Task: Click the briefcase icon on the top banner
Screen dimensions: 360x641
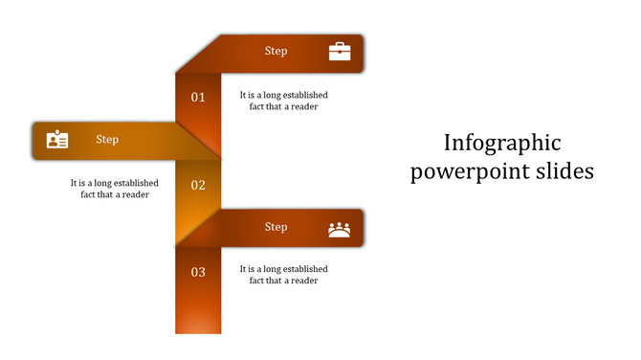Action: tap(340, 52)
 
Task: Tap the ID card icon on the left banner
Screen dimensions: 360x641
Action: tap(57, 140)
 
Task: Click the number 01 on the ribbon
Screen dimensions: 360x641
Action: tap(198, 97)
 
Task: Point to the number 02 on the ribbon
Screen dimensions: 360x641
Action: tap(198, 185)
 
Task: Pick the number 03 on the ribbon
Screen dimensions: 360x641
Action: tap(198, 272)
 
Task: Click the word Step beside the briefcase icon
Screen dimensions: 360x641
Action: tap(276, 52)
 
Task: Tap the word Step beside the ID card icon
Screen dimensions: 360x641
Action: tap(107, 140)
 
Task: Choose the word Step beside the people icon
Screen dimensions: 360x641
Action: tap(276, 227)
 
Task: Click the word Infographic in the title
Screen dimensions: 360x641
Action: tap(502, 144)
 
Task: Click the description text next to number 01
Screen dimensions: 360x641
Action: tap(284, 101)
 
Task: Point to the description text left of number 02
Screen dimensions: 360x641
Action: tap(115, 189)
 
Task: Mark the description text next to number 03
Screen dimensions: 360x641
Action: tap(284, 275)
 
